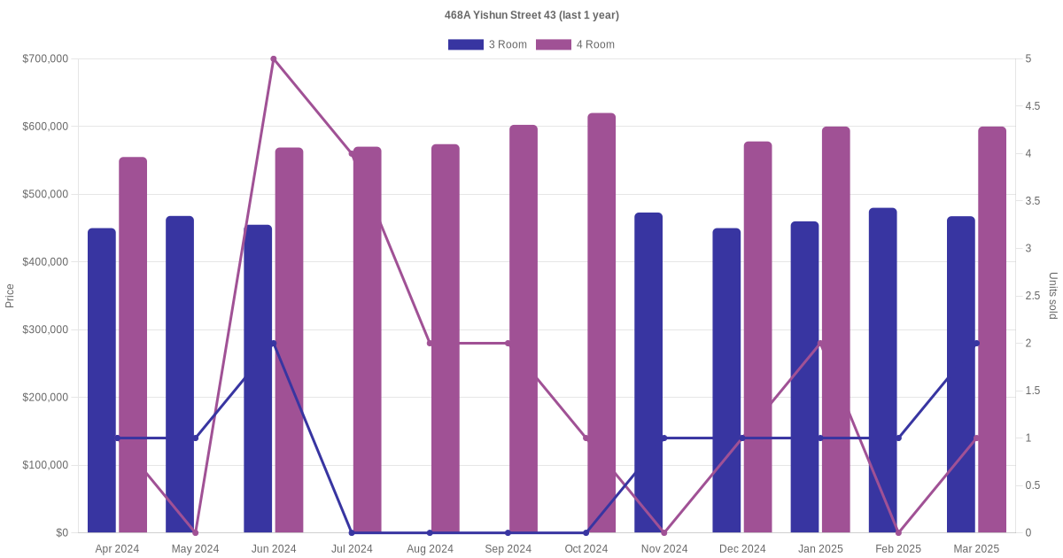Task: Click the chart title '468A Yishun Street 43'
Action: [x=531, y=15]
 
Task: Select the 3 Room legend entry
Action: [x=487, y=44]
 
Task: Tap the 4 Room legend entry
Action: [x=575, y=44]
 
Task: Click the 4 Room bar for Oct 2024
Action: [x=601, y=322]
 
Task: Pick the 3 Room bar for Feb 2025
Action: [x=882, y=370]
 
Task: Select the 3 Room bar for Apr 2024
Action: [x=102, y=380]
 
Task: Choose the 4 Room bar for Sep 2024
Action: [x=524, y=329]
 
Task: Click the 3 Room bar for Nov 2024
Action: [x=648, y=372]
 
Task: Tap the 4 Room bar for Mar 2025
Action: [x=992, y=329]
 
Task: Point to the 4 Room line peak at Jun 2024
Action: [x=274, y=59]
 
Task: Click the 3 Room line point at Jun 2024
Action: [x=274, y=343]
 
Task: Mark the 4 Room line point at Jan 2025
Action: [x=820, y=343]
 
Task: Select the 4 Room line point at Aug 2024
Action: [x=430, y=343]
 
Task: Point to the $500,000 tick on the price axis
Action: [x=45, y=194]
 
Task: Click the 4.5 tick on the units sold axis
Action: [x=1033, y=106]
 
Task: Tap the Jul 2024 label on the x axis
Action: [x=352, y=549]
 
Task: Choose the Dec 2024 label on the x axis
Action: [x=742, y=549]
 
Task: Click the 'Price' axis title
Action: [x=10, y=296]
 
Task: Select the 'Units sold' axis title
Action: [x=1053, y=296]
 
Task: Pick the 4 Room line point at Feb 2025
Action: [x=898, y=532]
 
